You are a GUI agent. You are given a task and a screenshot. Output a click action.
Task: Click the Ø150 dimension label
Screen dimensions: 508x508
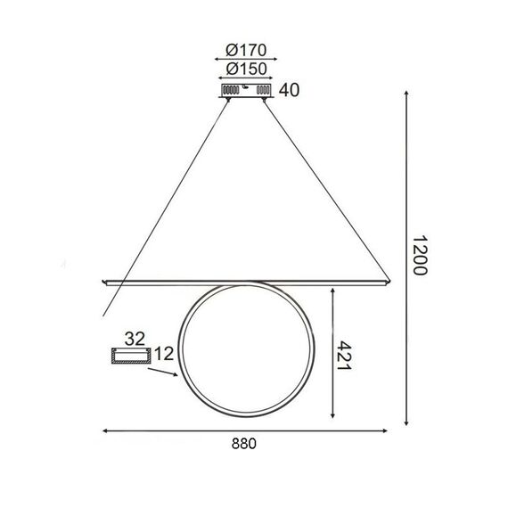(242, 70)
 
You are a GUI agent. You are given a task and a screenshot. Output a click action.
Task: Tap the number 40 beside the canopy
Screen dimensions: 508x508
(287, 89)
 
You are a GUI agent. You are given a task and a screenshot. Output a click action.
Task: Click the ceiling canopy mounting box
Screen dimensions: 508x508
(245, 90)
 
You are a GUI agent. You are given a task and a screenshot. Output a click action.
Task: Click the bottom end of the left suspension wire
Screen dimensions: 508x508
(104, 317)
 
